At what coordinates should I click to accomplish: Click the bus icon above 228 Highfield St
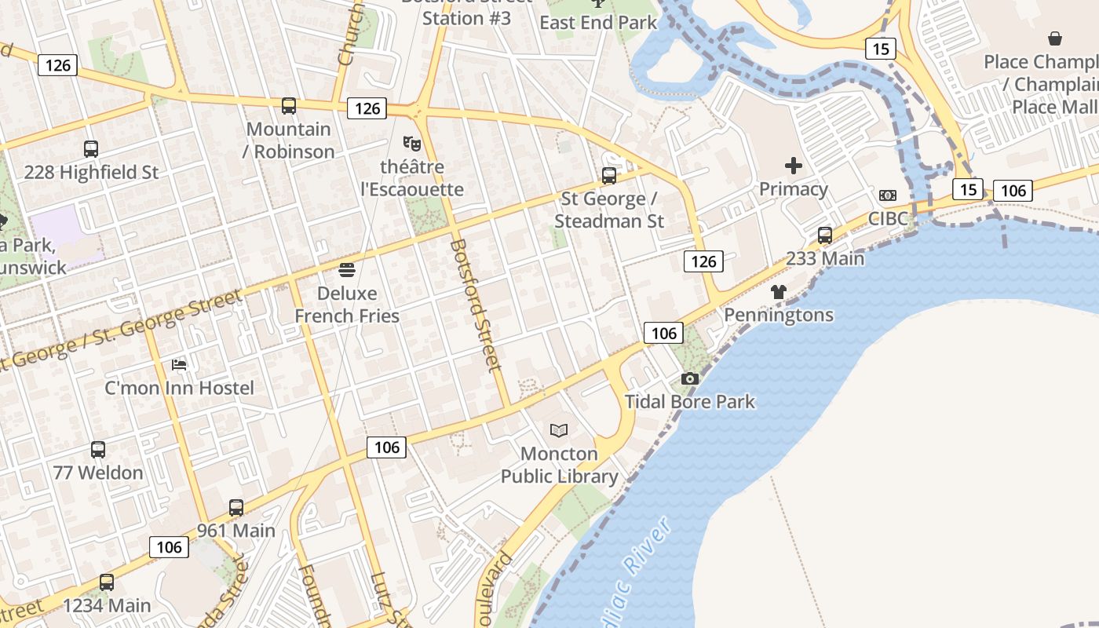pyautogui.click(x=91, y=149)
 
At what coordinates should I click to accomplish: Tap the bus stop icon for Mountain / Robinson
pyautogui.click(x=289, y=106)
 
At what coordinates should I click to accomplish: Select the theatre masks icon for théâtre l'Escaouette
pyautogui.click(x=411, y=144)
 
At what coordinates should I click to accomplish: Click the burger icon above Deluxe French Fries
pyautogui.click(x=347, y=271)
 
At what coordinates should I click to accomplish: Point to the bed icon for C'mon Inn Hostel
pyautogui.click(x=180, y=365)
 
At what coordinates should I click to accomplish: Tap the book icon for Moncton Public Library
pyautogui.click(x=559, y=430)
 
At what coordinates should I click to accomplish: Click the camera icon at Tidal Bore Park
pyautogui.click(x=690, y=379)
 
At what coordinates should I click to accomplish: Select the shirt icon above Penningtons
pyautogui.click(x=778, y=292)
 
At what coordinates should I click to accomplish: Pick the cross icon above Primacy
pyautogui.click(x=794, y=166)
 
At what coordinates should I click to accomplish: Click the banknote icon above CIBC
pyautogui.click(x=888, y=195)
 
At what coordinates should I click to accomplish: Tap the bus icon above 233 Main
pyautogui.click(x=825, y=235)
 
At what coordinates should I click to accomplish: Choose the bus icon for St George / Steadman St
pyautogui.click(x=609, y=176)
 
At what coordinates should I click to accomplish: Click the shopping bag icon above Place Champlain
pyautogui.click(x=1055, y=38)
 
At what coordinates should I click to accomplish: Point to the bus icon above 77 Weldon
pyautogui.click(x=98, y=450)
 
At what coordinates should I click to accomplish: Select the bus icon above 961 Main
pyautogui.click(x=236, y=508)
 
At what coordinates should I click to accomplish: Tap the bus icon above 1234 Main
pyautogui.click(x=107, y=582)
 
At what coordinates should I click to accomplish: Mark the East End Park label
pyautogui.click(x=598, y=23)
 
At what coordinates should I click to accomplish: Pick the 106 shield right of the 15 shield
pyautogui.click(x=1013, y=190)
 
